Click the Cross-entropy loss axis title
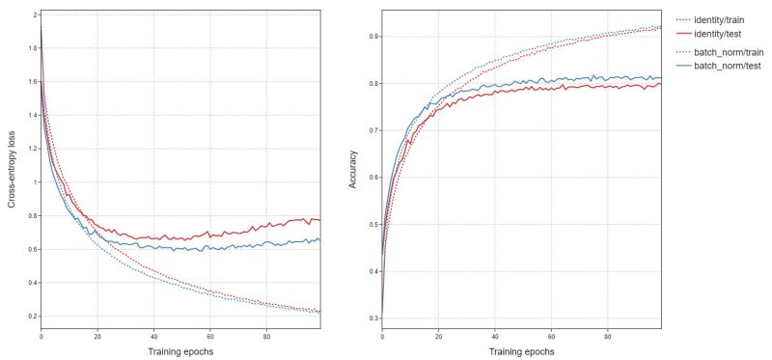click(x=12, y=167)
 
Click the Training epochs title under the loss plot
click(x=179, y=350)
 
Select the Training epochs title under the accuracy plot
click(x=521, y=350)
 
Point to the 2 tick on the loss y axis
click(x=35, y=15)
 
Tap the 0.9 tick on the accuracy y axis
click(x=372, y=37)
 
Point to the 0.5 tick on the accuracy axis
click(x=372, y=224)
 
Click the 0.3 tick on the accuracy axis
click(x=372, y=318)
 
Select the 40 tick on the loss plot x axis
click(x=152, y=336)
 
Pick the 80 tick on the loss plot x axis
click(x=264, y=336)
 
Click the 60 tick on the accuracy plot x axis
click(x=550, y=336)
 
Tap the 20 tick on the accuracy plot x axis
click(x=438, y=336)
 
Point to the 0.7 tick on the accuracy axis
click(x=372, y=130)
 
